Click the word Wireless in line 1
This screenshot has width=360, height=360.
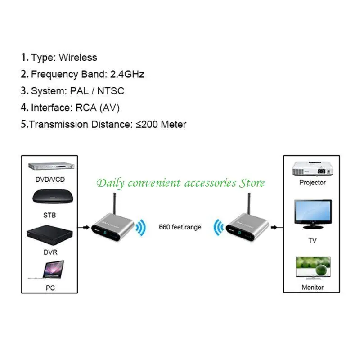pos(78,58)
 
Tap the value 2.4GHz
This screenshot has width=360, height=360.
pos(127,74)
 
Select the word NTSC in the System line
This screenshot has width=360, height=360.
pos(111,91)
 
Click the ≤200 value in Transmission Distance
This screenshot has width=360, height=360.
pos(147,125)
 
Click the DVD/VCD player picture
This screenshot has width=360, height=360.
pos(51,166)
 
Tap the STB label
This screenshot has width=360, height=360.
pos(49,215)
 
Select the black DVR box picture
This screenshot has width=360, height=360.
pos(49,234)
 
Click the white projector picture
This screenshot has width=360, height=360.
pos(312,169)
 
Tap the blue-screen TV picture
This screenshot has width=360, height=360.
pos(313,214)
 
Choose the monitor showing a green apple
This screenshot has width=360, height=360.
pos(313,268)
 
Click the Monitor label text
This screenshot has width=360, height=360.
pos(312,287)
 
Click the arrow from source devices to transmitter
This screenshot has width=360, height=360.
pos(84,228)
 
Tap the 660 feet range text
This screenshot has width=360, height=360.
pos(180,227)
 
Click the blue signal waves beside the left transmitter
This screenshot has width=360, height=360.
pos(141,228)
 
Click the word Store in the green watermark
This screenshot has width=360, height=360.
pos(252,183)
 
